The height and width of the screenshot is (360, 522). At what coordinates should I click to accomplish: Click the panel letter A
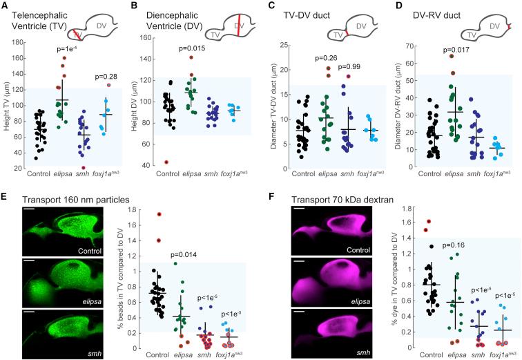[x=6, y=6]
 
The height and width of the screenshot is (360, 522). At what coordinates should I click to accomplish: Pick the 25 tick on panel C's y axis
[x=273, y=46]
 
